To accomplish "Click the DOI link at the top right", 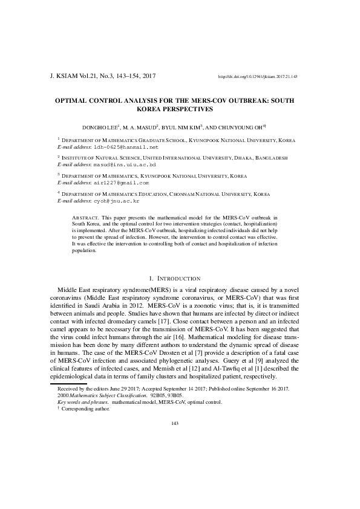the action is click(257, 77).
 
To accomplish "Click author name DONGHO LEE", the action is click(101, 128).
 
